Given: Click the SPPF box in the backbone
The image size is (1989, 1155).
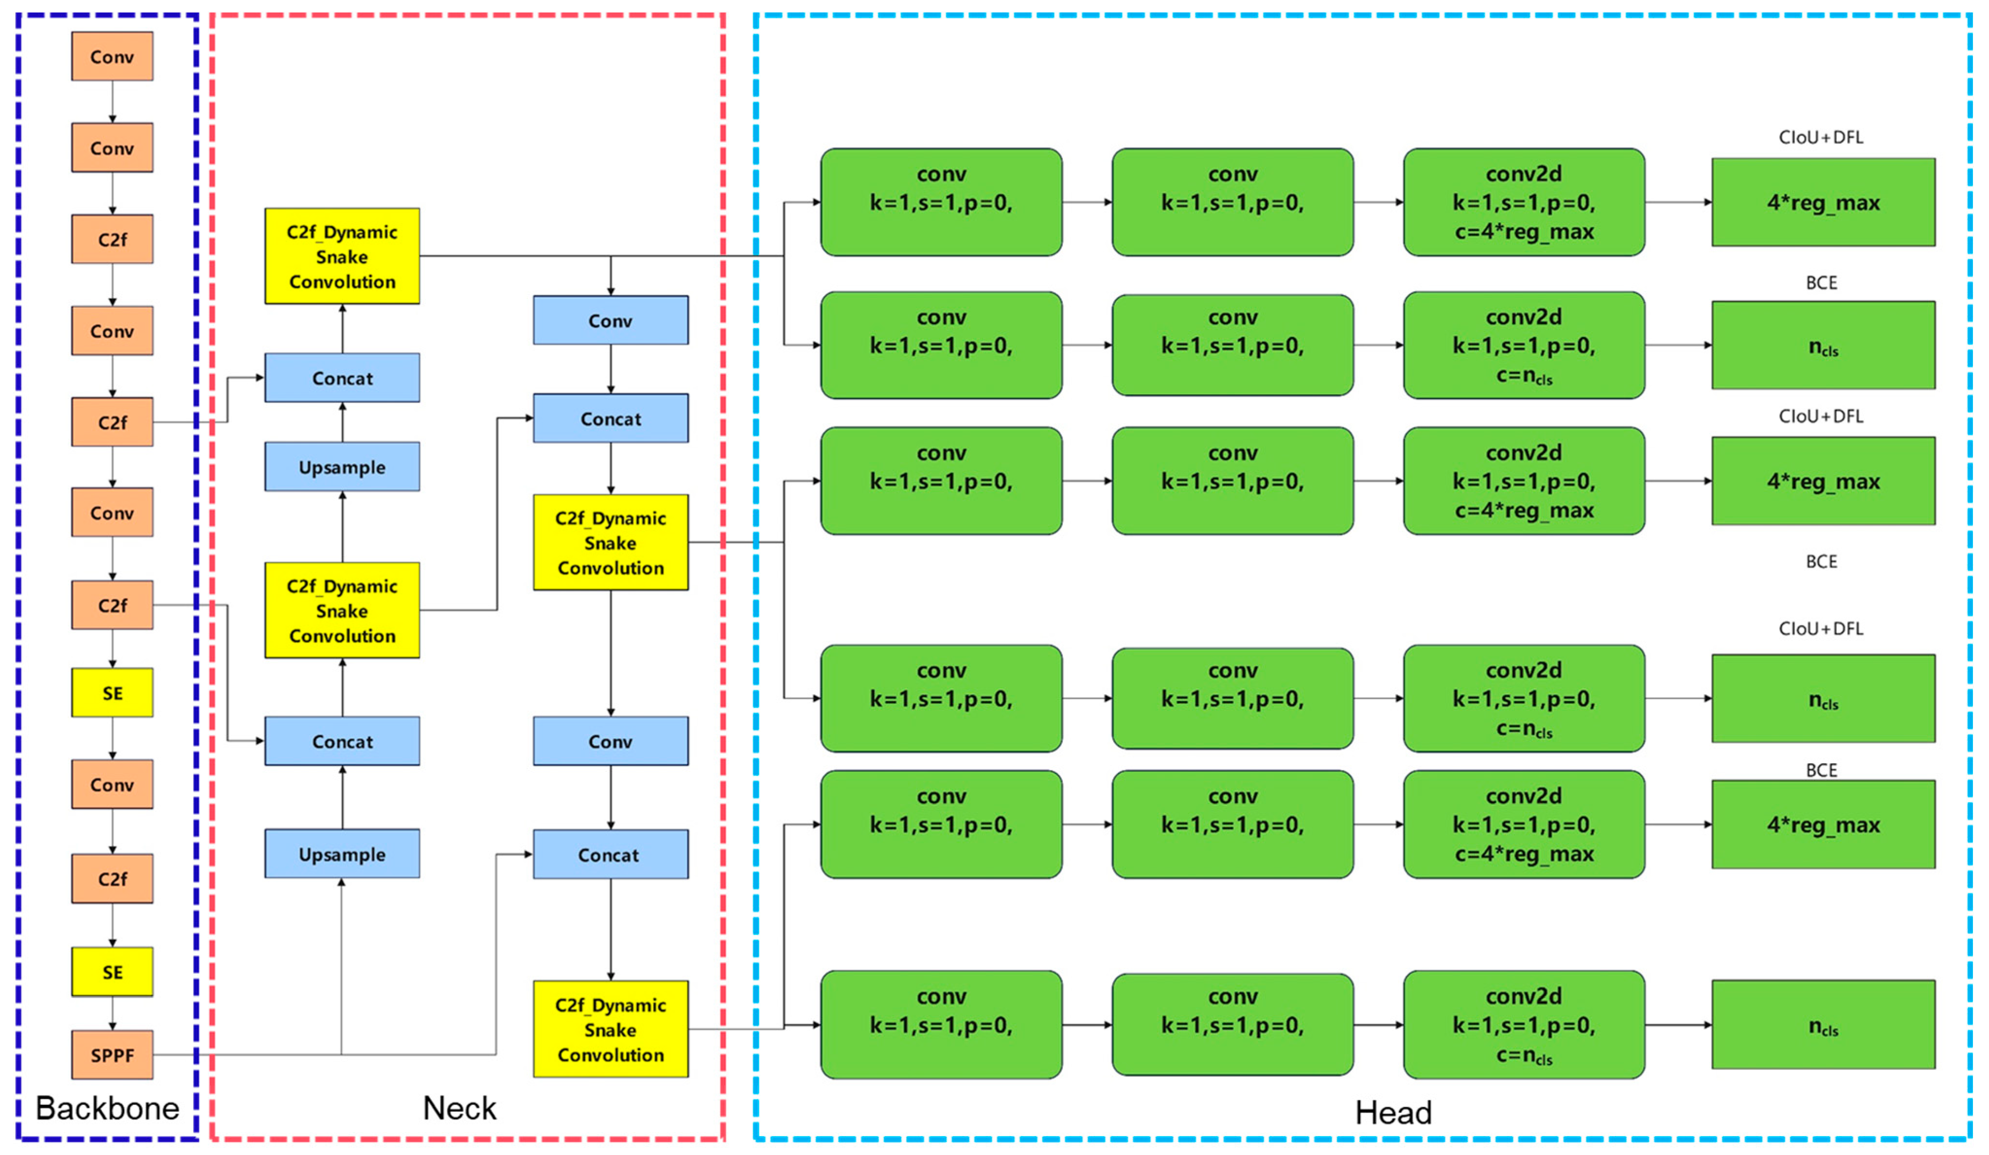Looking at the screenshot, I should click(x=112, y=1055).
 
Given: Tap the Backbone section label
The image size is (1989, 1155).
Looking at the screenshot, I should click(x=107, y=1108).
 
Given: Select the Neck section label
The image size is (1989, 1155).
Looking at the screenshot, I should click(x=459, y=1108).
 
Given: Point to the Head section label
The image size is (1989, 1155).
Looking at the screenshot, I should click(x=1393, y=1112).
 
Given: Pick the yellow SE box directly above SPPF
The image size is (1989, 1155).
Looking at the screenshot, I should click(x=112, y=972).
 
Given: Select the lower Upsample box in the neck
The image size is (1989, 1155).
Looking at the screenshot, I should click(x=342, y=855).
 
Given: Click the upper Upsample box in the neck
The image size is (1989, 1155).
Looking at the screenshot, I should click(x=342, y=467).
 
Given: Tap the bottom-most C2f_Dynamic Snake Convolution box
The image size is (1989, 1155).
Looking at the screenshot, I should click(x=610, y=1030).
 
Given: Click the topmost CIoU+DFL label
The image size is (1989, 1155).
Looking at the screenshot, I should click(x=1820, y=137).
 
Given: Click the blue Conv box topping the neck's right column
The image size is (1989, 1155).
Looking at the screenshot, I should click(x=610, y=320).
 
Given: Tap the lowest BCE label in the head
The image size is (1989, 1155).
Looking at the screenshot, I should click(x=1821, y=770).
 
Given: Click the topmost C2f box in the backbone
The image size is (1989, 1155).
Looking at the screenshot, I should click(x=112, y=240).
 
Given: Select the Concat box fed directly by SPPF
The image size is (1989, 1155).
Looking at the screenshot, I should click(x=610, y=855).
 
